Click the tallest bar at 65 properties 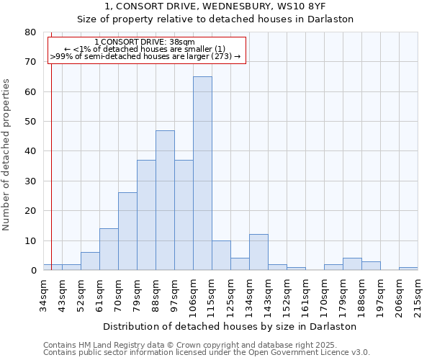tap(202, 173)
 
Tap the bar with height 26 tap(127, 231)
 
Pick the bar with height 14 tap(109, 249)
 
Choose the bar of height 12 tap(258, 252)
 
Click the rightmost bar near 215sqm tap(408, 269)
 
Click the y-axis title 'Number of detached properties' tap(7, 155)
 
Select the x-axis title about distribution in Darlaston tap(230, 326)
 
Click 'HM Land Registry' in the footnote tap(106, 345)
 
